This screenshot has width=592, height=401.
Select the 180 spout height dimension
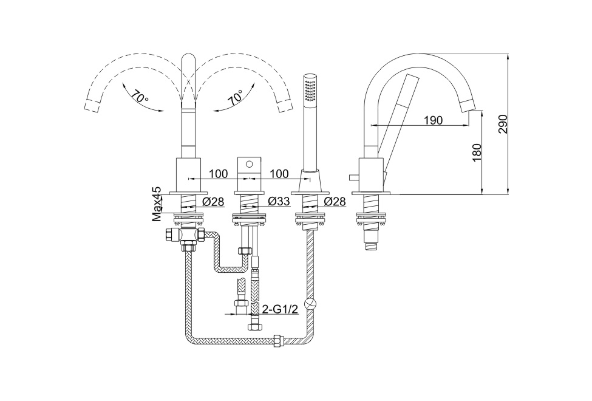pos(477,152)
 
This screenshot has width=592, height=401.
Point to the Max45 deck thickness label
pos(157,203)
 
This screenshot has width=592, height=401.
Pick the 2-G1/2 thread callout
pos(280,310)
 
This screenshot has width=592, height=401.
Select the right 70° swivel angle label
pos(236,97)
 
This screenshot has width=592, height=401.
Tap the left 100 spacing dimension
pos(218,174)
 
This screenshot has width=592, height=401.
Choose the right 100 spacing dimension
pos(279,174)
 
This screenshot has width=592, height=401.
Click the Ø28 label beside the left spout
pos(214,201)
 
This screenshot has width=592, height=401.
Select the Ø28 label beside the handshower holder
pos(335,201)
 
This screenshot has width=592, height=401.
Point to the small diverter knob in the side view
pos(352,177)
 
